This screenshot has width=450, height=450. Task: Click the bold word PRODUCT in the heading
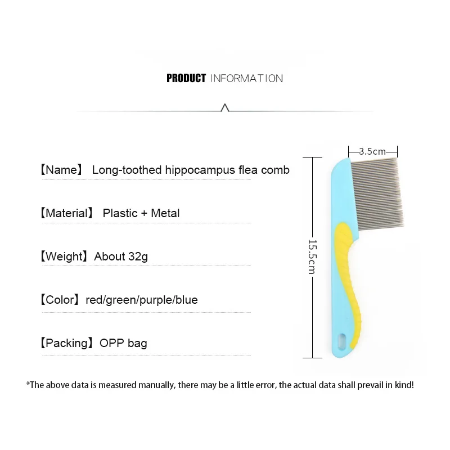(x=186, y=78)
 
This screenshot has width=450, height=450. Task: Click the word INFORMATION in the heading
(x=246, y=78)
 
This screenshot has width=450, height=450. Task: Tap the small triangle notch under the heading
(x=225, y=107)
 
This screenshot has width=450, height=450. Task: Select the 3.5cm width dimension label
(x=372, y=151)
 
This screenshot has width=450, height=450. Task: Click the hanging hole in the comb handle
(x=342, y=340)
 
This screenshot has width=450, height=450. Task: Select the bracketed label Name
(x=62, y=170)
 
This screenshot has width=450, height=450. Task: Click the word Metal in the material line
(x=166, y=213)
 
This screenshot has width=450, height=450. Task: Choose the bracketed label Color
(x=60, y=300)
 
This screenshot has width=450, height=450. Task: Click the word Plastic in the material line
(x=120, y=213)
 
